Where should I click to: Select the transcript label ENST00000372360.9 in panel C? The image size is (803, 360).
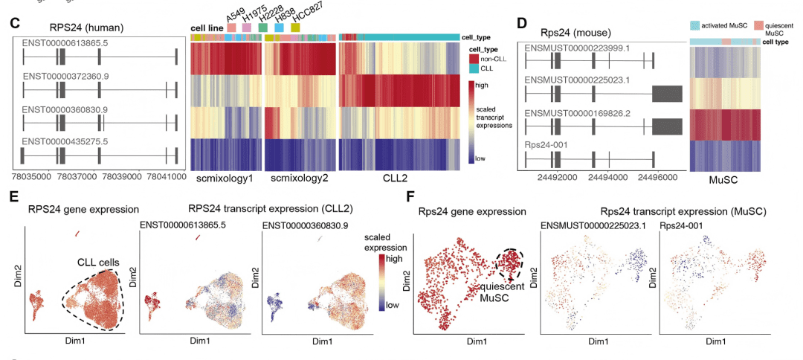(65, 77)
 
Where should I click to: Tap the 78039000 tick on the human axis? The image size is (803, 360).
(122, 179)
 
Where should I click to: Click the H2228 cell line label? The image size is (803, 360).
(264, 16)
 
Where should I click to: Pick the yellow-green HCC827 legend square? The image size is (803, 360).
(295, 28)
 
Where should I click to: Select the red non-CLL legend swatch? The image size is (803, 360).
(474, 57)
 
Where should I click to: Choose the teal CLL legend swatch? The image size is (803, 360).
(474, 68)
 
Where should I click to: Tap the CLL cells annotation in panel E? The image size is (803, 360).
(100, 261)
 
